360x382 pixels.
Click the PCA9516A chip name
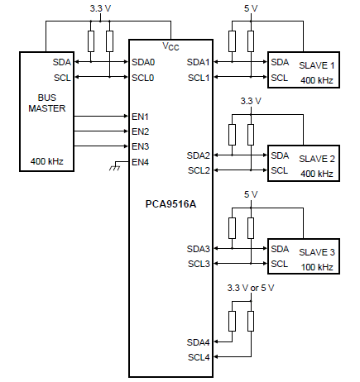tap(170, 204)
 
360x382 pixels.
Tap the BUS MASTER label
tap(47, 103)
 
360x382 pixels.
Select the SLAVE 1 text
tap(317, 65)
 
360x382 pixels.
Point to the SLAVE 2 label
tap(317, 159)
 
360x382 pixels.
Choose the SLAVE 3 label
tap(317, 252)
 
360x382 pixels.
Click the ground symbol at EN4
tap(115, 168)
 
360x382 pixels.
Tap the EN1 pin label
tap(140, 117)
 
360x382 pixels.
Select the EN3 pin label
tap(140, 146)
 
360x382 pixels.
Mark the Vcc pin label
tap(170, 46)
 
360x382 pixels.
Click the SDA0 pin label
tap(143, 62)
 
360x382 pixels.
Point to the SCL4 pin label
tap(199, 357)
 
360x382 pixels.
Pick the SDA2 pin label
tap(199, 155)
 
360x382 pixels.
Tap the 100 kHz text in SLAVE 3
tap(317, 267)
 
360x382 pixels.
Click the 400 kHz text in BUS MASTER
tap(47, 161)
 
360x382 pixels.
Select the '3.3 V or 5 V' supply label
tap(251, 288)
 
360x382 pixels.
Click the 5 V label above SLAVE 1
tap(251, 8)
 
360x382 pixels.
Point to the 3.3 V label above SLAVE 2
tap(251, 101)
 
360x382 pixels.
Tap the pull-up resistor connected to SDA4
tap(232, 321)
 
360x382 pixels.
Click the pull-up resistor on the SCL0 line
tap(109, 41)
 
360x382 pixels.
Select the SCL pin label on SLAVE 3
tap(280, 264)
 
